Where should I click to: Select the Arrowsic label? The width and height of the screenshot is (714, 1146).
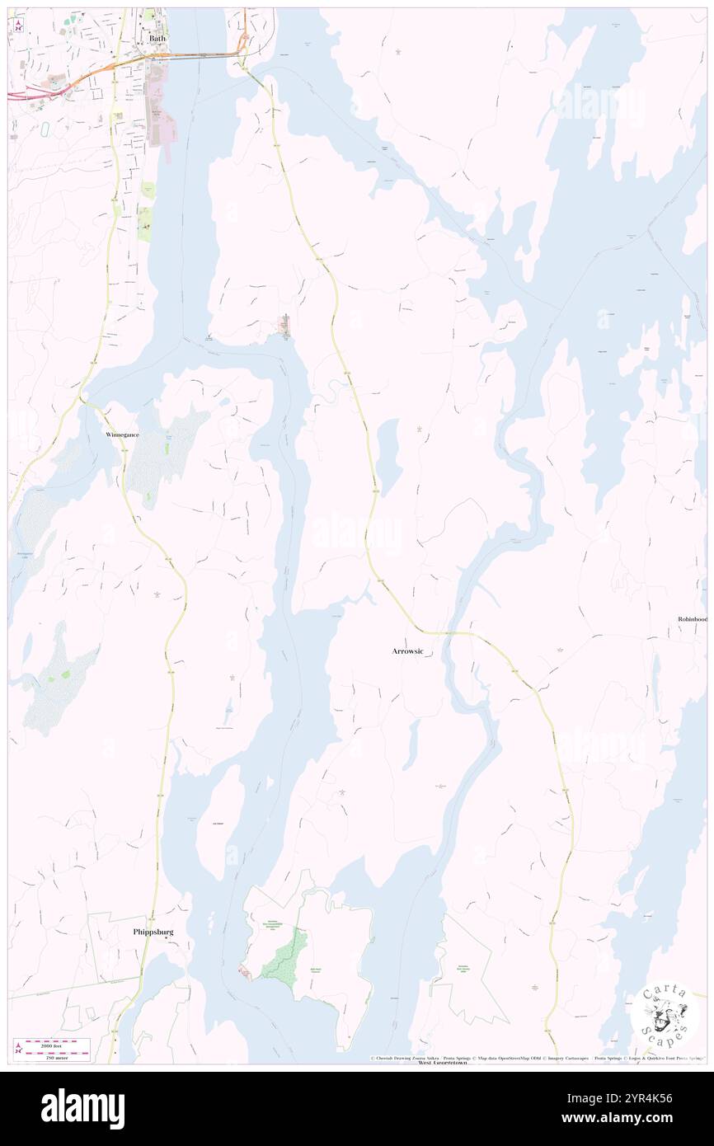(x=407, y=651)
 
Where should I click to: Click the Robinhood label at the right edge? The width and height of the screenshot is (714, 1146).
(x=692, y=619)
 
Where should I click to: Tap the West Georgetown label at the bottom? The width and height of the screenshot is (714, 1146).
(x=442, y=1063)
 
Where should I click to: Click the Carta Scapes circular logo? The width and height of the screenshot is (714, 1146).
(x=665, y=1013)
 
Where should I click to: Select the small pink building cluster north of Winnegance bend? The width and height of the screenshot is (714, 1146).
(x=284, y=327)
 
